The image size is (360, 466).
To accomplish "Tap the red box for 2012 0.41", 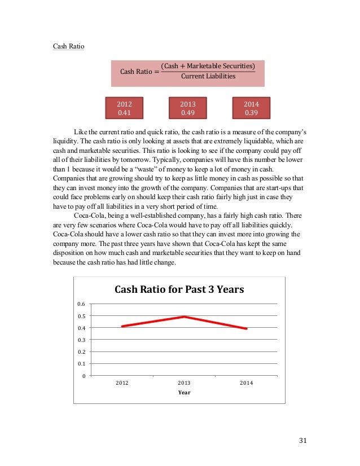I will (124, 108).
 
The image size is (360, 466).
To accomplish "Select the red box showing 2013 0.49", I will (187, 108).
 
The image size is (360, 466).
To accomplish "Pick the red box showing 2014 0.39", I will (251, 108).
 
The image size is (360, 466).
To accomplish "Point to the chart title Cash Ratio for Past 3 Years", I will (179, 290).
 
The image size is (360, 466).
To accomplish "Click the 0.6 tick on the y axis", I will (82, 304).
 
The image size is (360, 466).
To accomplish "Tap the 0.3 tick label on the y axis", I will (82, 340).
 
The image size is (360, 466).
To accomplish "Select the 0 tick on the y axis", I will (84, 376).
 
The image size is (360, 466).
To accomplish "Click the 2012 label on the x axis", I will (122, 383).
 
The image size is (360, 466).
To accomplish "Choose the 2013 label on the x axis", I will (184, 383).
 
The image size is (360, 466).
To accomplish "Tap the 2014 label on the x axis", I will (246, 383).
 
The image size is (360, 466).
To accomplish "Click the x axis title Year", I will (184, 393).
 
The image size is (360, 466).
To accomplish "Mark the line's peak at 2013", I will (184, 316).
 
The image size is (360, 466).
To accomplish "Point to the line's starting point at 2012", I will (122, 326).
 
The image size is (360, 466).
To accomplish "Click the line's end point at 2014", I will (246, 328).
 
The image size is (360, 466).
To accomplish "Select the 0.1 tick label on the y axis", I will (82, 364).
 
